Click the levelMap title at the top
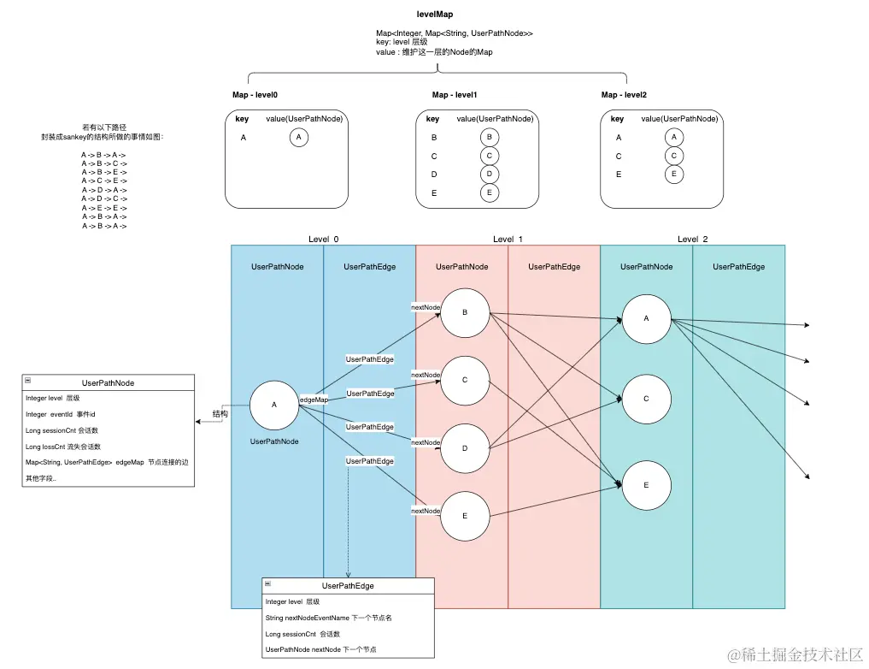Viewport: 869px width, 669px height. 434,15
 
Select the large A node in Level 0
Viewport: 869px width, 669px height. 274,405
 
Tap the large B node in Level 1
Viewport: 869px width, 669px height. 465,313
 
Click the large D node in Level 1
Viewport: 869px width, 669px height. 465,448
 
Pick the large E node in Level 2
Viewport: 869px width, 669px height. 646,485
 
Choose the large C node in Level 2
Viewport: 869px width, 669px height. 646,399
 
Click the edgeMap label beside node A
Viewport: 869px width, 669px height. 314,400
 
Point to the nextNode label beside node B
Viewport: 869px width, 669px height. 426,306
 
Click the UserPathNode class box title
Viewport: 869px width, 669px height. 108,383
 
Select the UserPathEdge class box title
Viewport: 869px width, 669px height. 348,586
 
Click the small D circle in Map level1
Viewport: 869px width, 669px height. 489,174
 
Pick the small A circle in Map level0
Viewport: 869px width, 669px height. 298,137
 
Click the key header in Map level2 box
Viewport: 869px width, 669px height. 617,119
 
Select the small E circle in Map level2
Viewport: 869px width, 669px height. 673,175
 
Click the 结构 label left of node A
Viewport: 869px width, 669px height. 220,414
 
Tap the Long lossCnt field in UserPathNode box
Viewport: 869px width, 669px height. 63,447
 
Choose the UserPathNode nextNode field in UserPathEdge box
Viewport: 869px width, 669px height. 320,650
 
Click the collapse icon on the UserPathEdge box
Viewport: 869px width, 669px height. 269,585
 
